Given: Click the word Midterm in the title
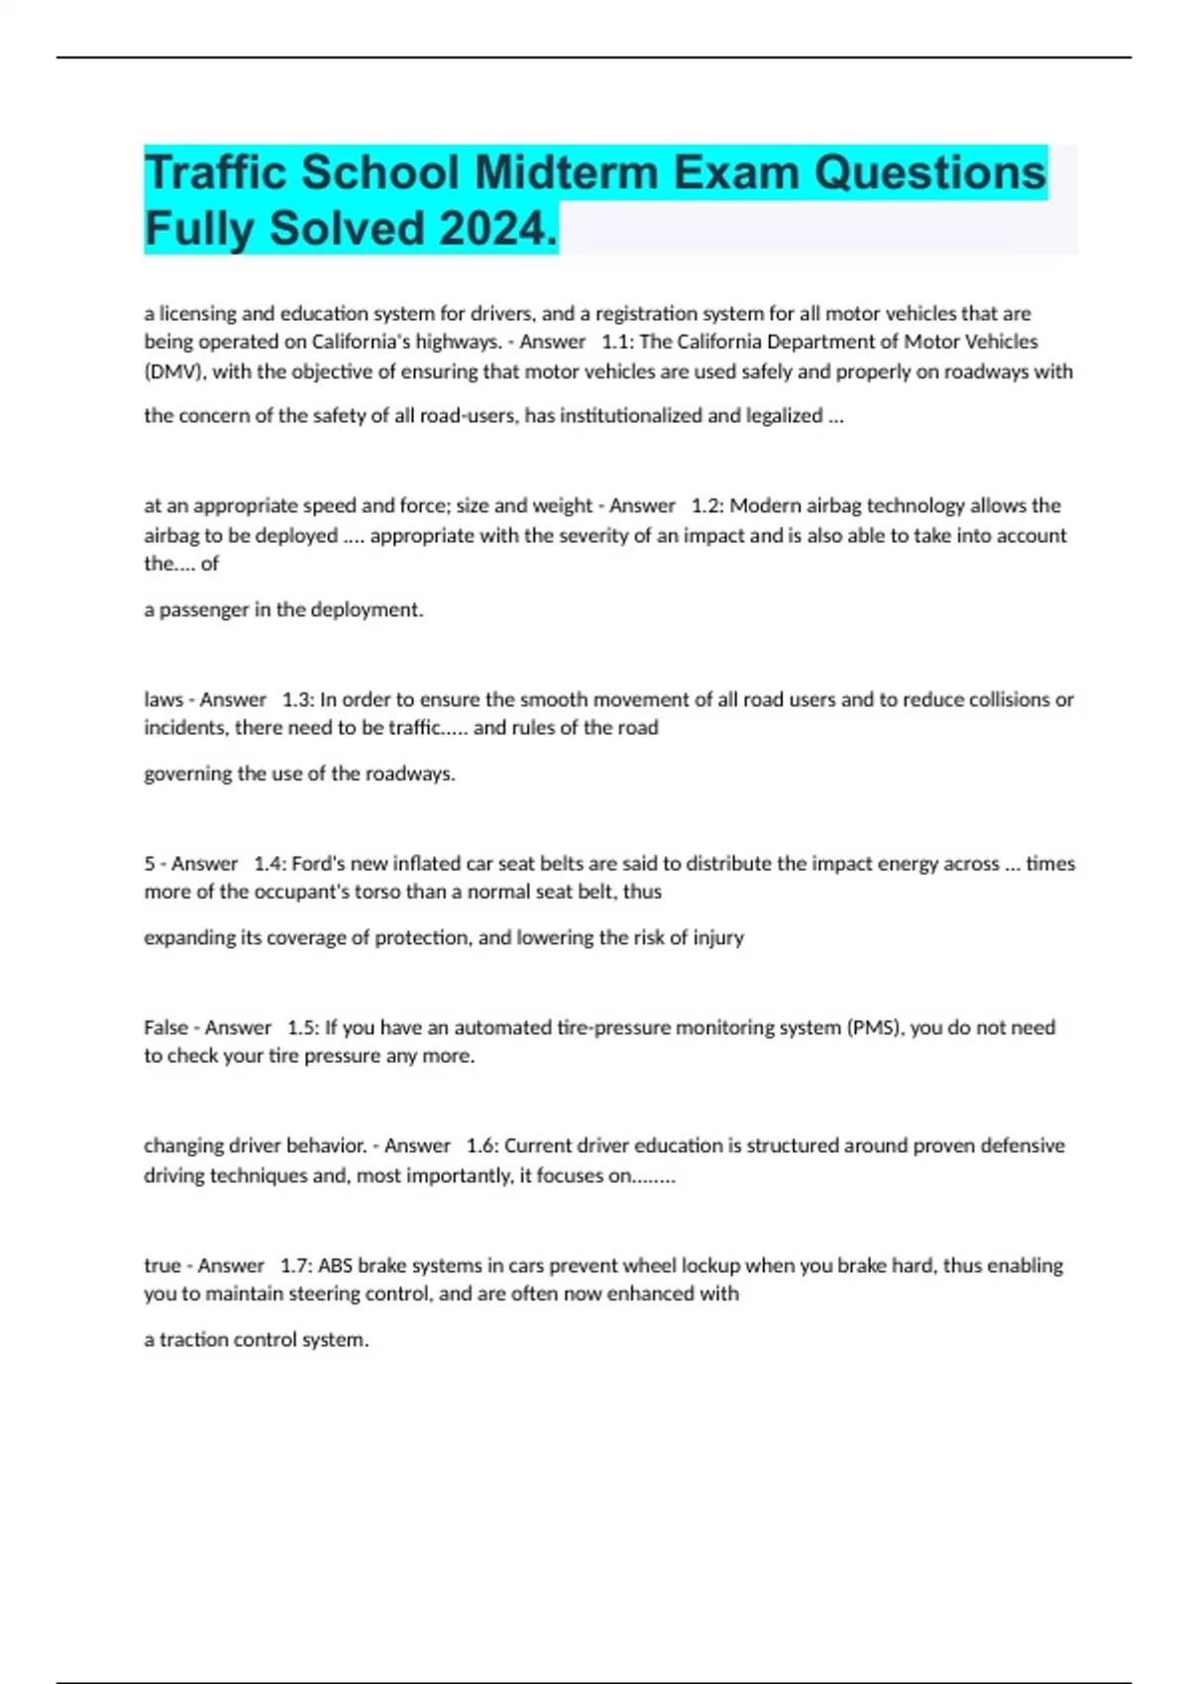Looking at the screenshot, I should pos(567,172).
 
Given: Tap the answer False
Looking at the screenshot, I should pos(165,1027).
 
